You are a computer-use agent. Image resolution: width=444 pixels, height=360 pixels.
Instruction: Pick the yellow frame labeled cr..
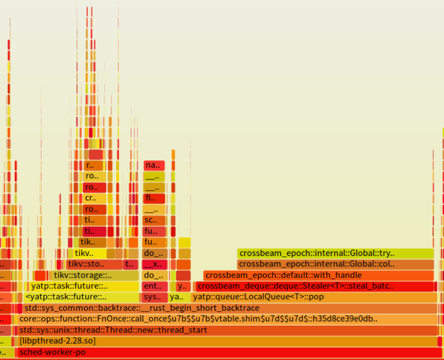pos(95,198)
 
